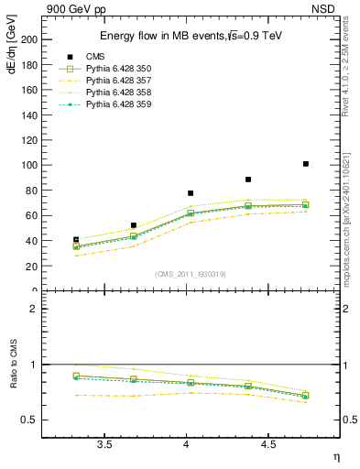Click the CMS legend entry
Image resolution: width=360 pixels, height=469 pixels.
pos(96,57)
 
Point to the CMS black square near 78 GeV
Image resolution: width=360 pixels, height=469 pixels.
pos(191,193)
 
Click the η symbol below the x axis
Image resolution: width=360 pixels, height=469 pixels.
pos(334,456)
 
